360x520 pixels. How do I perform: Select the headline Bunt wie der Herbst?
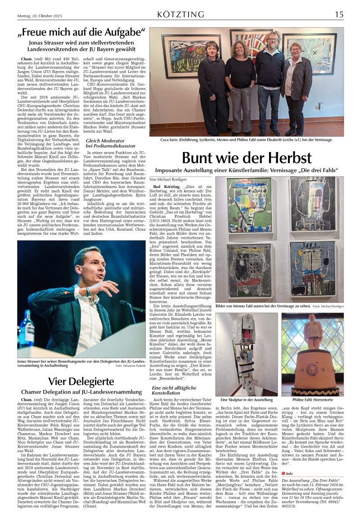[x=247, y=158]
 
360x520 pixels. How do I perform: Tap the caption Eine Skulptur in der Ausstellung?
[x=247, y=399]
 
